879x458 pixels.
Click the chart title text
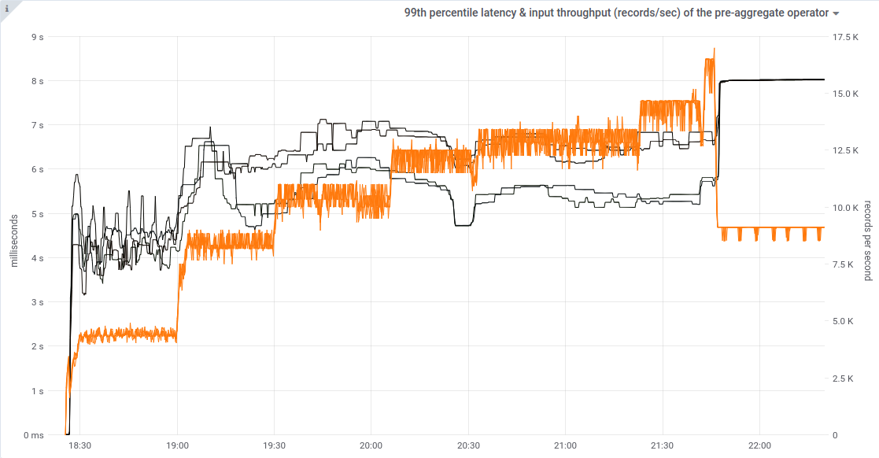(616, 13)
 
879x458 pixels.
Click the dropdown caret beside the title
(835, 13)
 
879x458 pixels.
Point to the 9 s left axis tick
(37, 36)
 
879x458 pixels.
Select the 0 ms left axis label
(34, 435)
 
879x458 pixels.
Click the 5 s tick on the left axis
(37, 213)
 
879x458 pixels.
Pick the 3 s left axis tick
(37, 302)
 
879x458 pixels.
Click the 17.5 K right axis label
(848, 36)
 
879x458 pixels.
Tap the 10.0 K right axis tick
(848, 208)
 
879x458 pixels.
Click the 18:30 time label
(80, 445)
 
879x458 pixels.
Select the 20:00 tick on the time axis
(371, 445)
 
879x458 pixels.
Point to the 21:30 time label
(663, 445)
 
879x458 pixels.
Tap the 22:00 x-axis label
(759, 445)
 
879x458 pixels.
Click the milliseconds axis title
(14, 228)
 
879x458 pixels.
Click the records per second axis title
(867, 240)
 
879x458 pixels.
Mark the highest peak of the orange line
(714, 49)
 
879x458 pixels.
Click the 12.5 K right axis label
(848, 150)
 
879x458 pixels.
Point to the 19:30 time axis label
(274, 445)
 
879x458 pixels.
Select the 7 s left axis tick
(37, 125)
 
